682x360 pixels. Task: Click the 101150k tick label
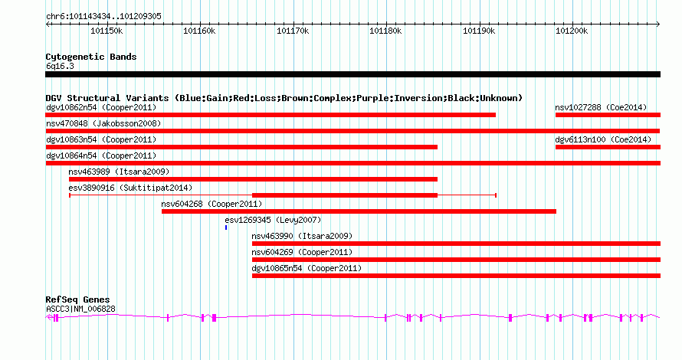(107, 31)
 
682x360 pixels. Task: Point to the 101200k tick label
(572, 31)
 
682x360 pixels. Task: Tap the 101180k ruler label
(385, 31)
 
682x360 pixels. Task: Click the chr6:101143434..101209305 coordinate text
(103, 16)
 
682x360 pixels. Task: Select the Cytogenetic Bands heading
(91, 57)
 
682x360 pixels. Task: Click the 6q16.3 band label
(60, 66)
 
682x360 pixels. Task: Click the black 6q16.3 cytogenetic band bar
(352, 74)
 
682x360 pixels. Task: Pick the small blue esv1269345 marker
(226, 227)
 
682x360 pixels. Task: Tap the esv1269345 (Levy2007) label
(273, 220)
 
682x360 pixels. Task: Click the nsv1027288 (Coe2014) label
(601, 107)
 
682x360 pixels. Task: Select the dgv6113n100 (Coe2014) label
(603, 139)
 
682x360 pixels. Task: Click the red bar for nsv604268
(359, 211)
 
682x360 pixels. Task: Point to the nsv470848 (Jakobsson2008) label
(103, 123)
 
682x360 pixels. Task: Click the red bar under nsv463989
(253, 179)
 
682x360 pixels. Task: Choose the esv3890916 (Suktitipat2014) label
(130, 188)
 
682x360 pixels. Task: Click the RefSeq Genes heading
(77, 299)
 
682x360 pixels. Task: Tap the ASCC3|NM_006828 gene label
(80, 309)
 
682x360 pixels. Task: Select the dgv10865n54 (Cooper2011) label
(307, 268)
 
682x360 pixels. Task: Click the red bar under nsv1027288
(608, 115)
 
